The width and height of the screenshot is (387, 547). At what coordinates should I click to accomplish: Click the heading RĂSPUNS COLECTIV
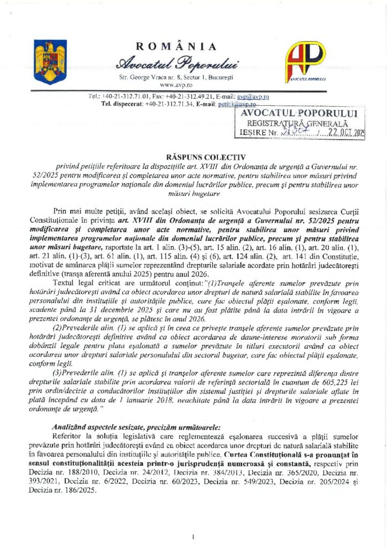coord(193,157)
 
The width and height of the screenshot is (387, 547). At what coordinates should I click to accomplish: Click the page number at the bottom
coord(193,536)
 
